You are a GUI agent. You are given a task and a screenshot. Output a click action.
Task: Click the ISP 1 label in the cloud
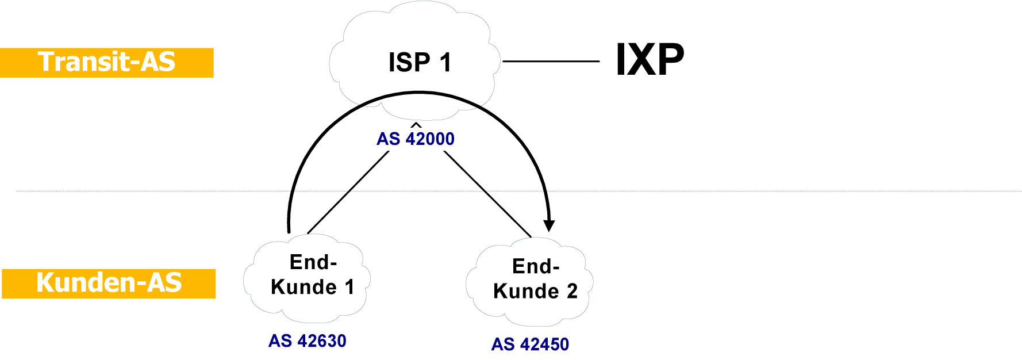[x=420, y=62]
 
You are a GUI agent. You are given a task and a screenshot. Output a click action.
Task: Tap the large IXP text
[x=650, y=60]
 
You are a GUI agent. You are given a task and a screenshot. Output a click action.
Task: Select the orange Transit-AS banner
[x=107, y=63]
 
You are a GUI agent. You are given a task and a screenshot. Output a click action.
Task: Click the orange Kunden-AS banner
[x=109, y=284]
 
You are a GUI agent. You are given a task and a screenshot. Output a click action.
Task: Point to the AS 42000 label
[x=415, y=139]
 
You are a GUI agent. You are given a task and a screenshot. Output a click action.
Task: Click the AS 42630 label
[x=307, y=341]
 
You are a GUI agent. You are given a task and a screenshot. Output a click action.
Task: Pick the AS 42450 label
[x=530, y=344]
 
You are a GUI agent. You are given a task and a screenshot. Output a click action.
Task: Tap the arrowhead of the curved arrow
[x=550, y=225]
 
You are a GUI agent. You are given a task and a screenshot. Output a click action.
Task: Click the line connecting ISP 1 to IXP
[x=551, y=61]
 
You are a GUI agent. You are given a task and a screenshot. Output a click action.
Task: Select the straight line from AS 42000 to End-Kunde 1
[x=348, y=193]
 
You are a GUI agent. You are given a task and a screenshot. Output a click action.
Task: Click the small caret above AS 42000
[x=416, y=124]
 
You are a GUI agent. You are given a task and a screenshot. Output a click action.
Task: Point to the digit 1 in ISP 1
[x=445, y=62]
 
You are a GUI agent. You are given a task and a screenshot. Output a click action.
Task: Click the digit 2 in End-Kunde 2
[x=572, y=292]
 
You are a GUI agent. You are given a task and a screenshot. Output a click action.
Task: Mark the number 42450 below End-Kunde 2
[x=544, y=344]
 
